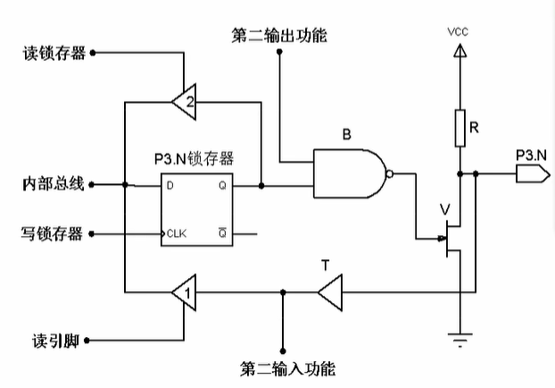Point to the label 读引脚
[x=52, y=341]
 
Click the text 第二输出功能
[x=278, y=36]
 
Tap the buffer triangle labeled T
[x=329, y=291]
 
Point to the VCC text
[x=459, y=32]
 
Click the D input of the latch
[x=170, y=186]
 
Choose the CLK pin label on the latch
[x=176, y=234]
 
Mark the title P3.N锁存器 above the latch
[x=194, y=159]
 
